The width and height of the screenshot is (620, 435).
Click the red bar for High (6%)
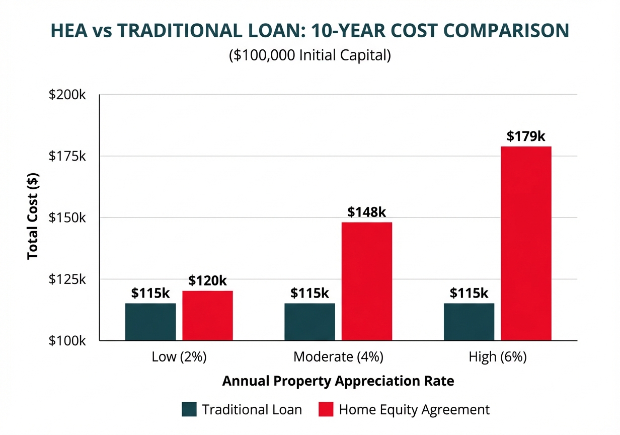(526, 243)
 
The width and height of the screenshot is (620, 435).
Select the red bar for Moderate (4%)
(367, 281)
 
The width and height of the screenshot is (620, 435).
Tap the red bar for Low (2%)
(207, 316)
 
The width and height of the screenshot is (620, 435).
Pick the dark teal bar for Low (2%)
(150, 322)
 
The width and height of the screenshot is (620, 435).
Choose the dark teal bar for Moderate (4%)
(309, 322)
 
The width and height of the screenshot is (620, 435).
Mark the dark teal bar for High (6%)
(469, 322)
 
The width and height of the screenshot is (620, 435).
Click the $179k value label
(526, 136)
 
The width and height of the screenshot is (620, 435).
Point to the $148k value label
(367, 212)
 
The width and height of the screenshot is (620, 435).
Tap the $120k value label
(207, 280)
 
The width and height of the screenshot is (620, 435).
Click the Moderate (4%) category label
(338, 357)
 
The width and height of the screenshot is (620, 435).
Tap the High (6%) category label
(497, 357)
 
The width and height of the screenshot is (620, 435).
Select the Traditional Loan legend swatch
(189, 409)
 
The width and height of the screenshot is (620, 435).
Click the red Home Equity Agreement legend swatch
(326, 409)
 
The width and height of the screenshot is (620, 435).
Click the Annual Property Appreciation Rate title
(338, 381)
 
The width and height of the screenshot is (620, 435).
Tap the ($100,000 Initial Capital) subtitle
(310, 55)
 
